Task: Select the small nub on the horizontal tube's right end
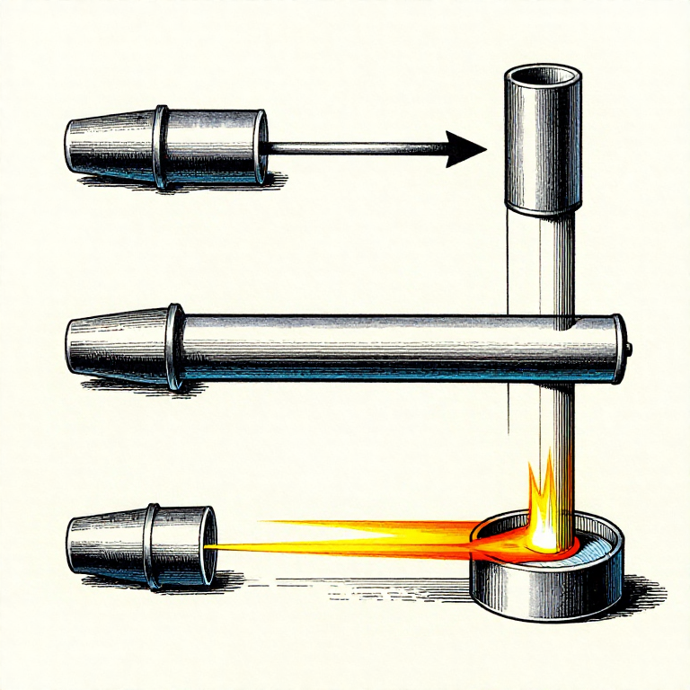[629, 348]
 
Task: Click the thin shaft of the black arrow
[359, 148]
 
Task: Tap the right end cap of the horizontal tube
[618, 349]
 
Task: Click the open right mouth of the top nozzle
[262, 148]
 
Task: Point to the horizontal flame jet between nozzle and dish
[359, 535]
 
